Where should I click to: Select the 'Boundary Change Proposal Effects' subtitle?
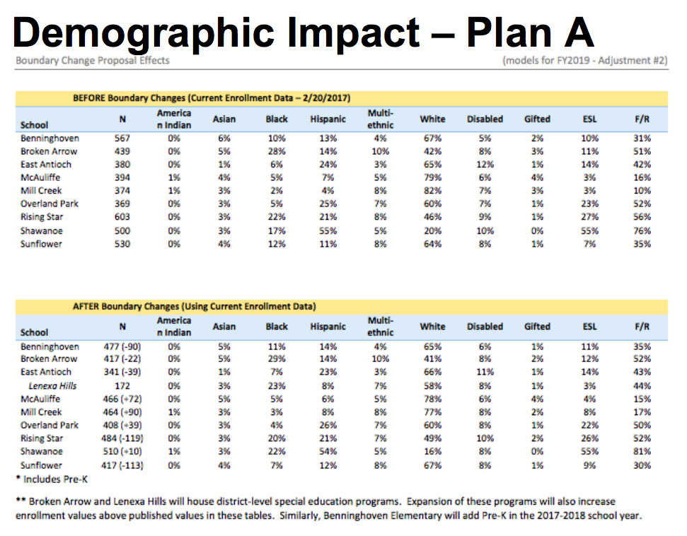tap(93, 61)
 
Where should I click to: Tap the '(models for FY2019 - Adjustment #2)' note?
tap(584, 61)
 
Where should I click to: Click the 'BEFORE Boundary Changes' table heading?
tap(212, 97)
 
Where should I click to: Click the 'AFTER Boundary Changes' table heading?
tap(195, 307)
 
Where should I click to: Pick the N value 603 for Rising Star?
tap(122, 217)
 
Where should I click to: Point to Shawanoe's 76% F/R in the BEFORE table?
tap(642, 231)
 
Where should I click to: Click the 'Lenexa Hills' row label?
tap(52, 385)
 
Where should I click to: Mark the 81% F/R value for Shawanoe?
tap(642, 452)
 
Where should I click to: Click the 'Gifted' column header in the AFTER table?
tap(537, 327)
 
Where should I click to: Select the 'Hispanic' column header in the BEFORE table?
tap(328, 120)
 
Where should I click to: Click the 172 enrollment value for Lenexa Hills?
tap(122, 386)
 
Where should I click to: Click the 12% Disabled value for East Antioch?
tap(485, 164)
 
